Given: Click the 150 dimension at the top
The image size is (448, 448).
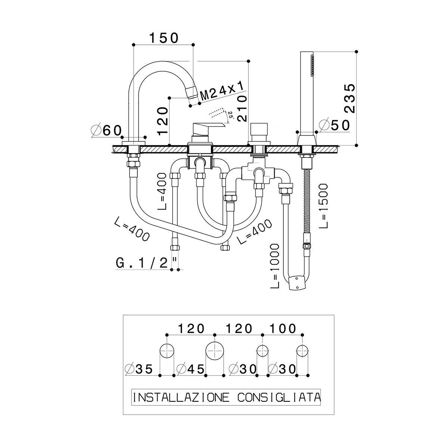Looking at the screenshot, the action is [x=164, y=38].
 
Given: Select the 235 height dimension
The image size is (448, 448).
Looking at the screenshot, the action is [x=350, y=98].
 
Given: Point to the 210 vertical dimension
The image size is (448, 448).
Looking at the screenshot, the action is [x=242, y=108].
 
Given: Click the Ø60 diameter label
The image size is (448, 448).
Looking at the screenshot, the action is [x=106, y=131].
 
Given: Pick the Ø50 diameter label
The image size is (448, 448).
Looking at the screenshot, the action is [x=335, y=125].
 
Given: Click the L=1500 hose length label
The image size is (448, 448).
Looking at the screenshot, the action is [x=323, y=206].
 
